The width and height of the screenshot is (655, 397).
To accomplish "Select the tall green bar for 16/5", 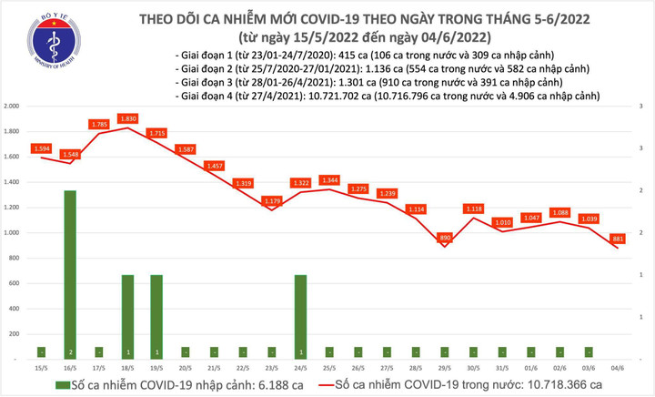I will point(70,273).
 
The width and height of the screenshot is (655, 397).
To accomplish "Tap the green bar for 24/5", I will point(301,314).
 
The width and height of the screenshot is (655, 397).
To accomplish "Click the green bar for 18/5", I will point(127,314).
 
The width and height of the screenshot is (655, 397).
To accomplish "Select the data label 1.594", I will point(42,148).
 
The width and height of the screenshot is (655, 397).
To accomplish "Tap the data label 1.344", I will point(330,179).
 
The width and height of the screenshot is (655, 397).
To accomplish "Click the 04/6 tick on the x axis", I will point(619,367).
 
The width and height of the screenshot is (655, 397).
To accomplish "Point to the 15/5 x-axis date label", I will point(42,367).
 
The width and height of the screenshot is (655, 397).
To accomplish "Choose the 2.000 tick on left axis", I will point(12,107).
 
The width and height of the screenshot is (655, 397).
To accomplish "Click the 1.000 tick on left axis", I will point(12,233).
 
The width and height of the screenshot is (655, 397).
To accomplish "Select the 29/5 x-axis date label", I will point(446,367).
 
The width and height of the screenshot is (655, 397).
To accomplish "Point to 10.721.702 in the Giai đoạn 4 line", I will point(359,96).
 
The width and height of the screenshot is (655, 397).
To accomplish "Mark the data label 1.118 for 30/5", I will point(474,209).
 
